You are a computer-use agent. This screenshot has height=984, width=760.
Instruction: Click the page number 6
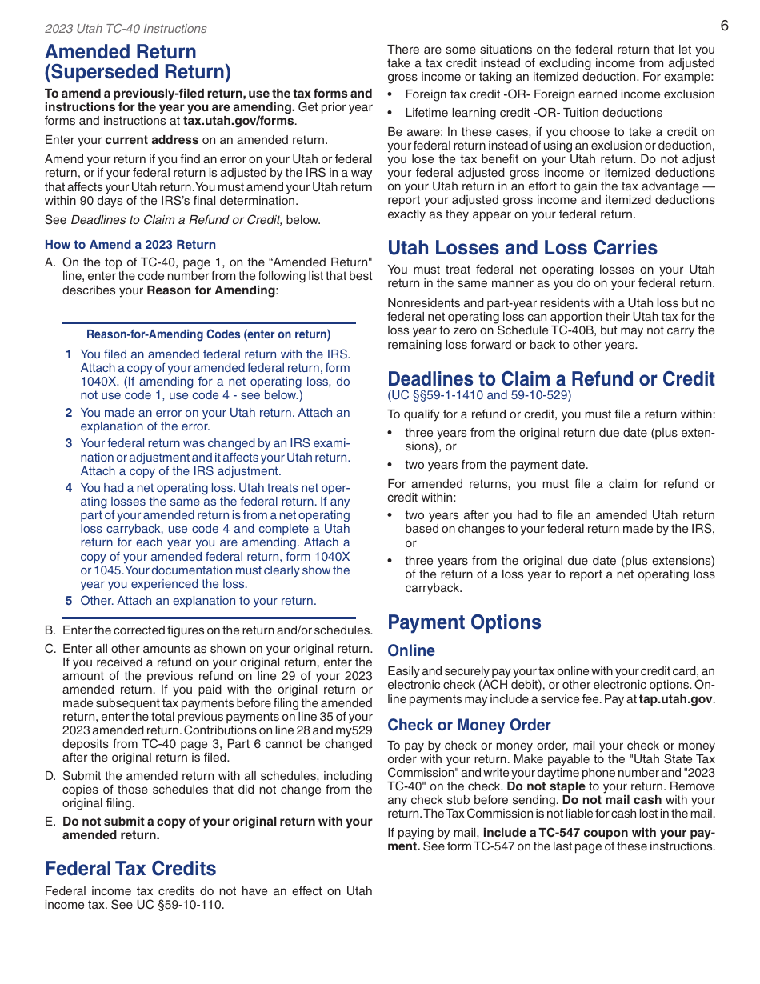pyautogui.click(x=724, y=26)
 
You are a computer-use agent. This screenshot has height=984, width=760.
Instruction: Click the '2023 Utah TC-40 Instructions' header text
pyautogui.click(x=126, y=29)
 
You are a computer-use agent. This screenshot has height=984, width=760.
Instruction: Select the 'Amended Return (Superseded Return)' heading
pyautogui.click(x=138, y=62)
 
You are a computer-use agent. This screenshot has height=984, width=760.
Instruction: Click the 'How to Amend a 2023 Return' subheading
pyautogui.click(x=130, y=245)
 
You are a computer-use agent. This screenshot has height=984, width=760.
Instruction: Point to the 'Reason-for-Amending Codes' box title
pyautogui.click(x=208, y=334)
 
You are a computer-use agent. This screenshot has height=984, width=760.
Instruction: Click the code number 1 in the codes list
pyautogui.click(x=69, y=354)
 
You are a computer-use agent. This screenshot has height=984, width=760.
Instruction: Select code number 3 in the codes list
pyautogui.click(x=69, y=443)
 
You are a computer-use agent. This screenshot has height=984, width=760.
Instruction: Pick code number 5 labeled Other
pyautogui.click(x=69, y=601)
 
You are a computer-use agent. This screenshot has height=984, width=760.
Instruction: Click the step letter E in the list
pyautogui.click(x=50, y=822)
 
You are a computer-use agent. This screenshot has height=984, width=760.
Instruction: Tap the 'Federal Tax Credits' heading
pyautogui.click(x=130, y=869)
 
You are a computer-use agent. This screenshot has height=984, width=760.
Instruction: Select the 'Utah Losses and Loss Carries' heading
pyautogui.click(x=522, y=248)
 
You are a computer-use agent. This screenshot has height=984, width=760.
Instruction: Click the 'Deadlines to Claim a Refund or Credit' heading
pyautogui.click(x=551, y=378)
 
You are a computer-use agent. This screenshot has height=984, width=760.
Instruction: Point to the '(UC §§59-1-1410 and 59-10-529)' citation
pyautogui.click(x=479, y=395)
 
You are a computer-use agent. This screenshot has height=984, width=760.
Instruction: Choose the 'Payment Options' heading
pyautogui.click(x=464, y=622)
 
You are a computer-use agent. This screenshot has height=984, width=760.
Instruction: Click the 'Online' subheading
pyautogui.click(x=411, y=651)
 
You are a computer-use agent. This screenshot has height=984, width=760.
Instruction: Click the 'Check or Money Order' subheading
pyautogui.click(x=469, y=726)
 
